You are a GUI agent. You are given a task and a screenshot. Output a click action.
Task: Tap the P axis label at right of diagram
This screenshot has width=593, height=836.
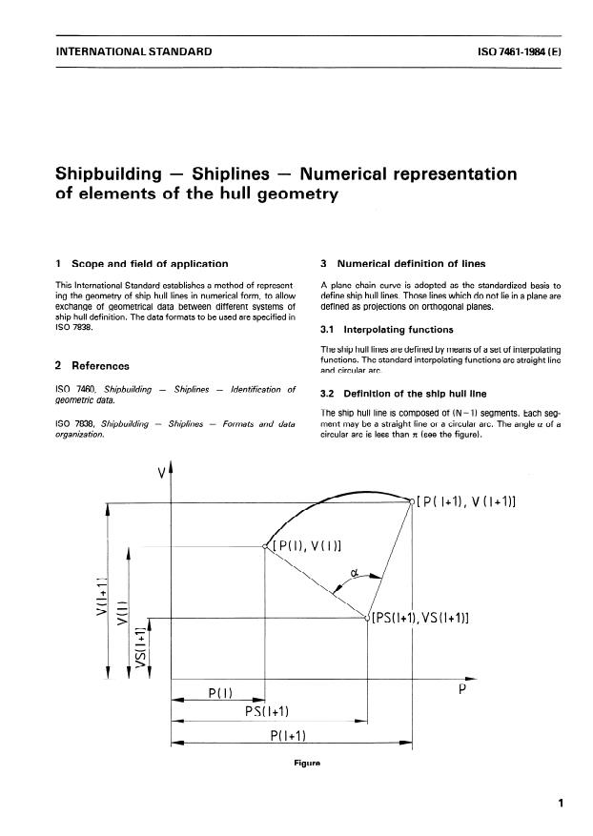click(461, 693)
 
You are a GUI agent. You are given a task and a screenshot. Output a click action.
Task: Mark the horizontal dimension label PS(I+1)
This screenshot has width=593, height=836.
click(267, 711)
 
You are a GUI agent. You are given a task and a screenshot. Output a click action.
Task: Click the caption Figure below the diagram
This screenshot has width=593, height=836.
click(296, 763)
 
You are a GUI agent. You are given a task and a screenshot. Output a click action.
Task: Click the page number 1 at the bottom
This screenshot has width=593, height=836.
click(562, 804)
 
